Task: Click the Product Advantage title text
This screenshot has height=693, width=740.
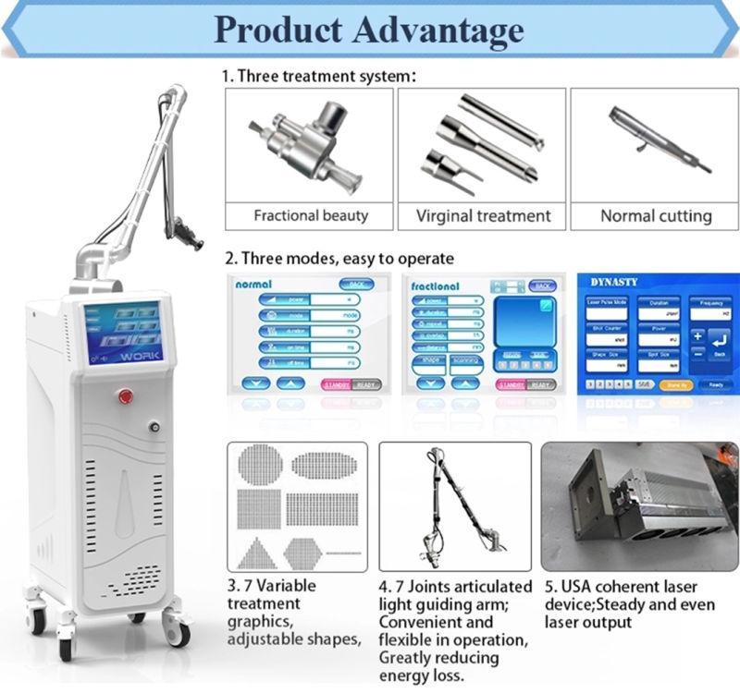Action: (369, 30)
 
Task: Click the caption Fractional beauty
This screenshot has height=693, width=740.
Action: (310, 215)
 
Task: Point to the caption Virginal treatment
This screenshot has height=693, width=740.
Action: (483, 216)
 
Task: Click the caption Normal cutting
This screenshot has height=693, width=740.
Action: (656, 216)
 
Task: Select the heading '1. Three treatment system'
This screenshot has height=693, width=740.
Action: (319, 76)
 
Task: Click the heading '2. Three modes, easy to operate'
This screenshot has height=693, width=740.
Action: (339, 258)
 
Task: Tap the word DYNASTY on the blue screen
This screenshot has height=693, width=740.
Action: (614, 282)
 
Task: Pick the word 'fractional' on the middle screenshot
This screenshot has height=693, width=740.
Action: (436, 286)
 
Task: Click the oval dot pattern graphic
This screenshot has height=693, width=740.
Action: (324, 465)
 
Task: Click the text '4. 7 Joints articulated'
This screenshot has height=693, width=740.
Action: (455, 587)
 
